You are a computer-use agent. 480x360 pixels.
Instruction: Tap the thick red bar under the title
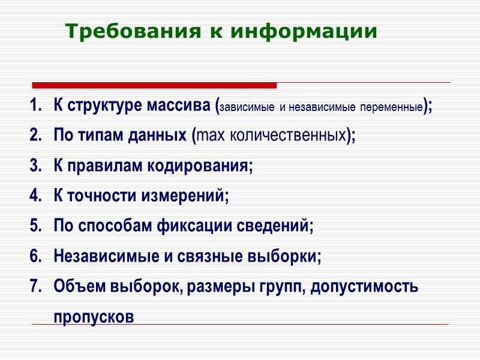click(154, 85)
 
